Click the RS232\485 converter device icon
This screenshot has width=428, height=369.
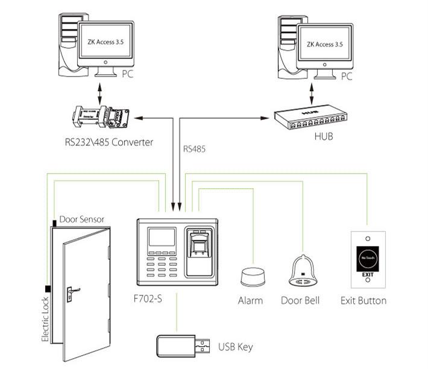pos(101,118)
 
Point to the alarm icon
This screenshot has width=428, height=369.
pos(251,278)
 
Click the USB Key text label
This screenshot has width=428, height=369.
pos(234,347)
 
